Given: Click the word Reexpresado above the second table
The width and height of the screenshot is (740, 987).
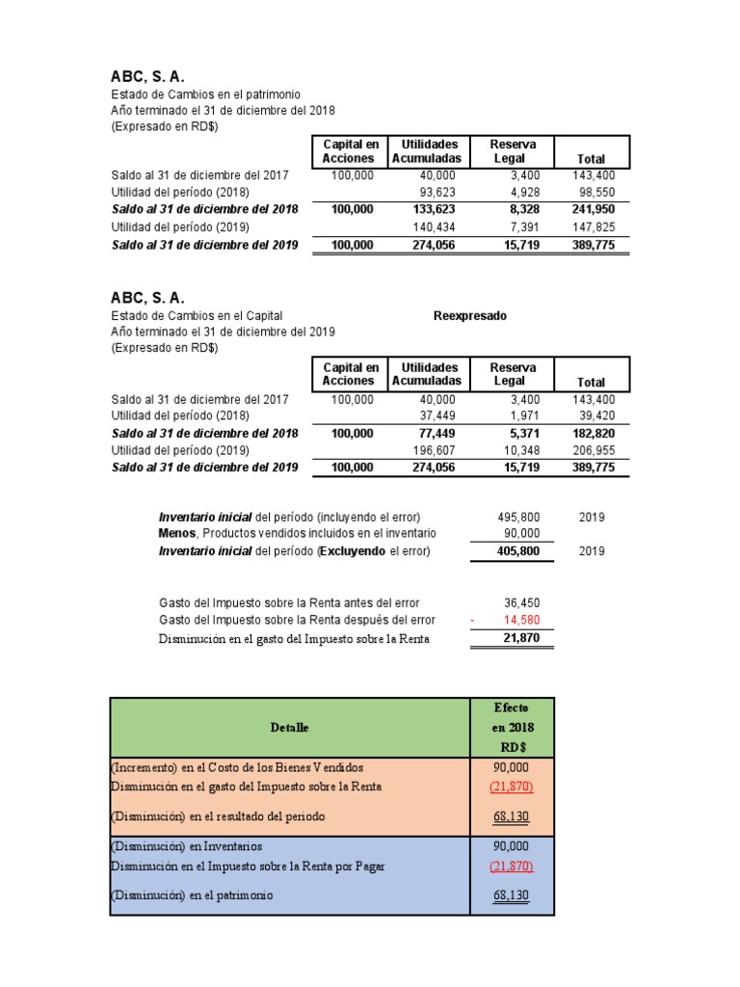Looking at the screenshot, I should [x=469, y=315].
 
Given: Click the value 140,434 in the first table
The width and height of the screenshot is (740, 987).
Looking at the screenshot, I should [x=435, y=227].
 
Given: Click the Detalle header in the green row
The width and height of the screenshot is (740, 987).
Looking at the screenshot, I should [x=289, y=727].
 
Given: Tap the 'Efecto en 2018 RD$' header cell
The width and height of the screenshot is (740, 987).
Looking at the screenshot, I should [x=511, y=727].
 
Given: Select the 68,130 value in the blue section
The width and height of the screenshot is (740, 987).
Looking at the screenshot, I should [x=511, y=895].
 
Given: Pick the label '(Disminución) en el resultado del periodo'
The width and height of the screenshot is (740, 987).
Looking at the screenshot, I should [x=218, y=816].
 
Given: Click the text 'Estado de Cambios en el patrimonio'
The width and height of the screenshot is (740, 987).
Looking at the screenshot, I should [x=205, y=94].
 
